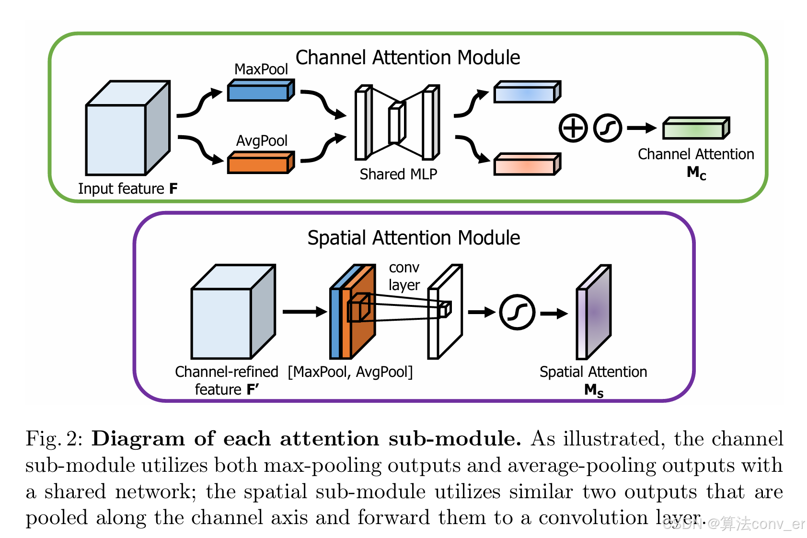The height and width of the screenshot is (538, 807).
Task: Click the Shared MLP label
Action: [398, 174]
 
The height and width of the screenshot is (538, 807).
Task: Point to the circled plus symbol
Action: [573, 128]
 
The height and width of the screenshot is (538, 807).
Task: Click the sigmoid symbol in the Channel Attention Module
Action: [607, 128]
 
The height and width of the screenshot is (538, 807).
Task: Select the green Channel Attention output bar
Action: [695, 129]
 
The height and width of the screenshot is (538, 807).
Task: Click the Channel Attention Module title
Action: [407, 58]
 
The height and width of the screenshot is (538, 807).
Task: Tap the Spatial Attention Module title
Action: [414, 238]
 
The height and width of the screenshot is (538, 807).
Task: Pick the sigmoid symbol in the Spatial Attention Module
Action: [517, 312]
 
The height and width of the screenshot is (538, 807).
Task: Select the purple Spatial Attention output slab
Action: [594, 312]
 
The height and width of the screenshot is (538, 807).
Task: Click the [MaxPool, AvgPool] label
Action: [350, 372]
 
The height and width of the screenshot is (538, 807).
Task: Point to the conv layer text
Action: [404, 276]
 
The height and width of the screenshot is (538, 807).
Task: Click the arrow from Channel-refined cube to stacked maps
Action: [304, 312]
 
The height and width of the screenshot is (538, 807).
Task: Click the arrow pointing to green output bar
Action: [641, 128]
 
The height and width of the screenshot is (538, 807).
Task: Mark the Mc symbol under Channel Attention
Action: [696, 173]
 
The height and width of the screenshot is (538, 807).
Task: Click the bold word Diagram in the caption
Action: [138, 439]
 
